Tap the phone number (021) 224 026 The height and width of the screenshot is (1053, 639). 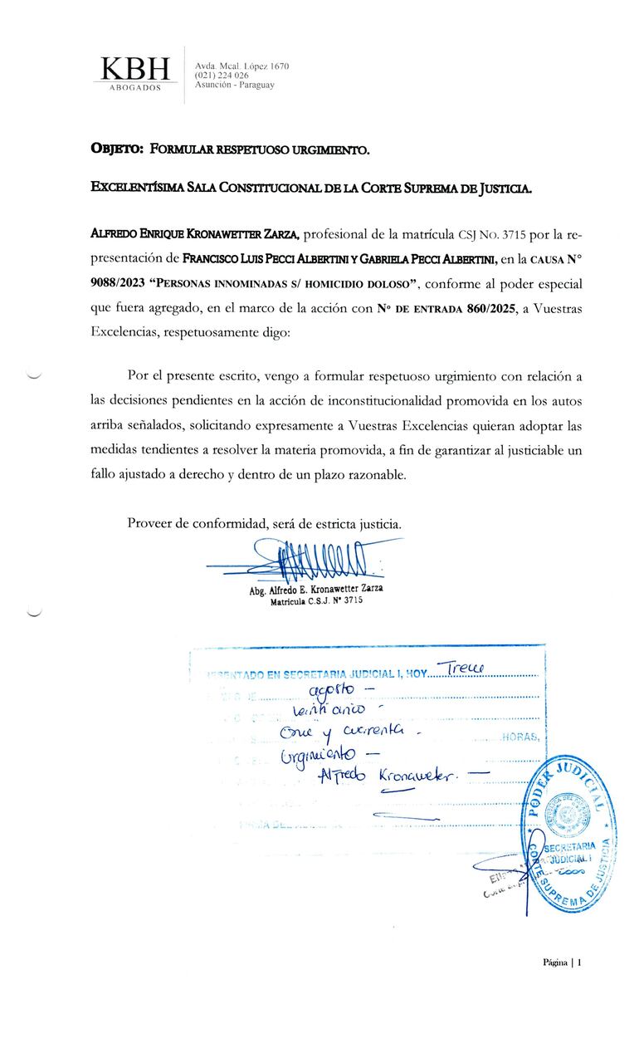click(222, 76)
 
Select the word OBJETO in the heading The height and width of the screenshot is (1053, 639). click(115, 149)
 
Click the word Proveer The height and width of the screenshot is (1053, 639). click(152, 524)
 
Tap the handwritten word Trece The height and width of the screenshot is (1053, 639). click(466, 668)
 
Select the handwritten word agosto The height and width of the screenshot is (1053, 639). click(331, 691)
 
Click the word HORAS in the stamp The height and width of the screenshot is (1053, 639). click(523, 737)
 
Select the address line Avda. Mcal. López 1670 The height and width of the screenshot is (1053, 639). click(241, 66)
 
